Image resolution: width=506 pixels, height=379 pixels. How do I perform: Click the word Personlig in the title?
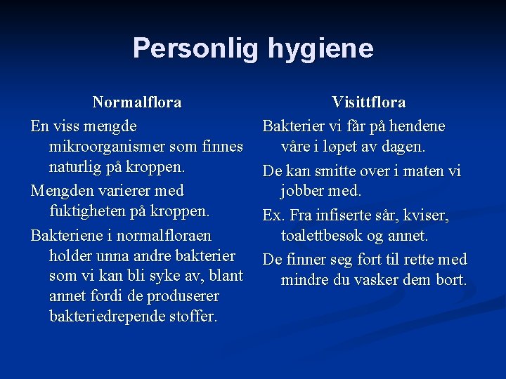tap(196, 48)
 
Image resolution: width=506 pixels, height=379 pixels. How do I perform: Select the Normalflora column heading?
tap(137, 102)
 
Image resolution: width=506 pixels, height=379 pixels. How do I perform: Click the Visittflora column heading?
tap(368, 102)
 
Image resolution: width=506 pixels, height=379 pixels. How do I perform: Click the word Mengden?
tap(61, 190)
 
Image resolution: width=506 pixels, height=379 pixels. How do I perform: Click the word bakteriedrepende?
tap(107, 317)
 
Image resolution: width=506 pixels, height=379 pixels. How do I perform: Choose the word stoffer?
tap(192, 317)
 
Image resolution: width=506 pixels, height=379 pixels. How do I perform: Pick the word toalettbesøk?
tap(325, 236)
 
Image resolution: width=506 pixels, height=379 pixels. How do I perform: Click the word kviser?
tap(425, 215)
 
